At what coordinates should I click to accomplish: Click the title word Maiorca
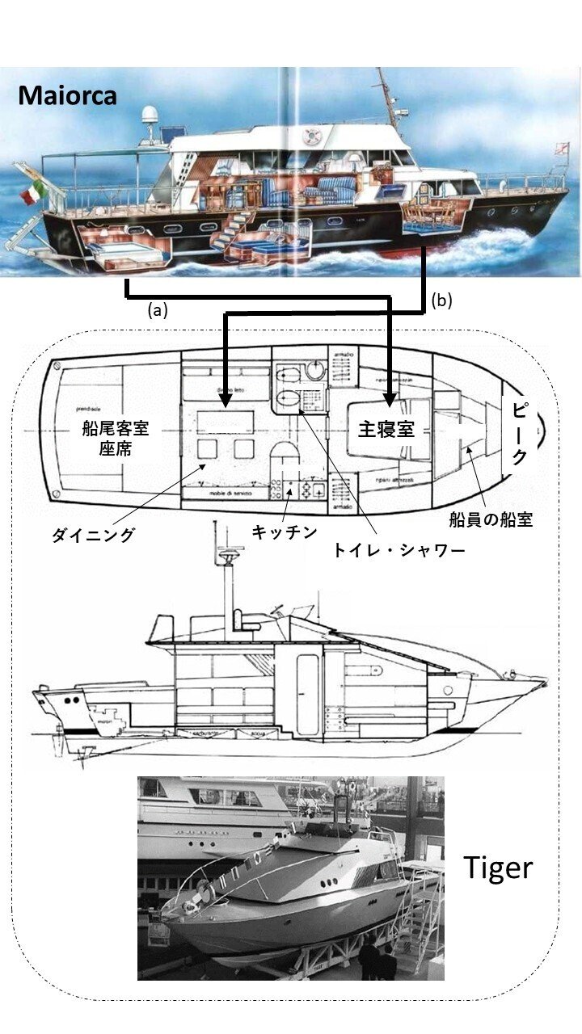[x=68, y=95]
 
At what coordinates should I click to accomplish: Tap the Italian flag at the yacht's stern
[x=32, y=192]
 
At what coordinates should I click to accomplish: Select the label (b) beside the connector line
[x=441, y=301]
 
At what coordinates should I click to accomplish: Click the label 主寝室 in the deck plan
[x=386, y=430]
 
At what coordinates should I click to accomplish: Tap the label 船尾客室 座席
[x=115, y=439]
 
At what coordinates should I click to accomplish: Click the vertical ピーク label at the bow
[x=521, y=431]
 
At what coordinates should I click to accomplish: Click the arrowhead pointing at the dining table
[x=226, y=398]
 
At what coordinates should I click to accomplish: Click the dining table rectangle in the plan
[x=227, y=421]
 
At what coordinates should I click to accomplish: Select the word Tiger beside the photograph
[x=498, y=867]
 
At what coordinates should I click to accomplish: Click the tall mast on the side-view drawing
[x=217, y=565]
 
